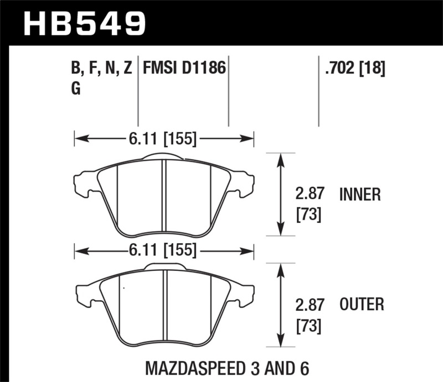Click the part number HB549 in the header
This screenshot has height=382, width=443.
tap(85, 23)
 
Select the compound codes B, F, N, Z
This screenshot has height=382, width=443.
tap(102, 69)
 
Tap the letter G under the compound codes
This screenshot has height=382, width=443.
tap(76, 90)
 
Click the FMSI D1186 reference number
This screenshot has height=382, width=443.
tap(184, 69)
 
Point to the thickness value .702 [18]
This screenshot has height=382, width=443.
tap(352, 69)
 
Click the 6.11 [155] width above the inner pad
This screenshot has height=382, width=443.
tap(164, 139)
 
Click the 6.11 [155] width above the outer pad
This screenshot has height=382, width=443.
tap(164, 251)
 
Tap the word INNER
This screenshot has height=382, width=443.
tap(359, 195)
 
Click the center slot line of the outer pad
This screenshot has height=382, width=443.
tap(164, 307)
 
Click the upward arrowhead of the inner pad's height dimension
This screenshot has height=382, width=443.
tap(281, 158)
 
